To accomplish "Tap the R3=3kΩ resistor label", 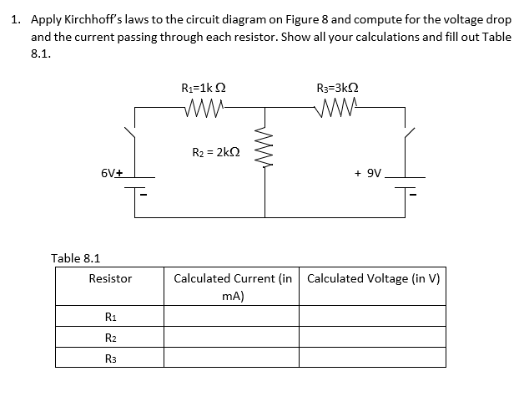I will [x=338, y=87].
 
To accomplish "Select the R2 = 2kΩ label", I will [x=214, y=151].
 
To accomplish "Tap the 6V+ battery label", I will [x=112, y=174].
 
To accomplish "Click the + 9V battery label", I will [x=367, y=174].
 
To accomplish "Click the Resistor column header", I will [x=110, y=278].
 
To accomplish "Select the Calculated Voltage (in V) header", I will [x=372, y=278].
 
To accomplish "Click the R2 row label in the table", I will [x=110, y=337].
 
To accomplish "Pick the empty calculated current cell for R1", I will [x=231, y=316].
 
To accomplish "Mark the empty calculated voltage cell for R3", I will [x=372, y=358].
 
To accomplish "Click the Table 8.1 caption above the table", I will [x=76, y=258].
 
